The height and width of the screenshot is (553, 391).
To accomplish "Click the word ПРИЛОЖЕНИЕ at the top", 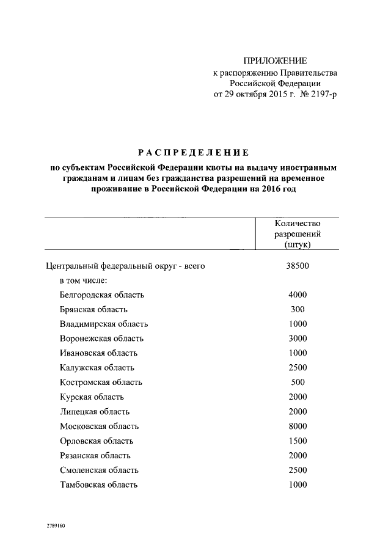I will tap(275, 60).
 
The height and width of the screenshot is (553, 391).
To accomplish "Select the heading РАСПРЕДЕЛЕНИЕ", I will tap(192, 152).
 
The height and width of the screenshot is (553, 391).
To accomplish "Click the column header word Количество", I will tap(298, 223).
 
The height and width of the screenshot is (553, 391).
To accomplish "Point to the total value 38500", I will tap(298, 266).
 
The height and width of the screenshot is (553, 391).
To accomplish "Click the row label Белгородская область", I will tap(102, 295).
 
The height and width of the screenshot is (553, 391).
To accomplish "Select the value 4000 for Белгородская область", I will tap(298, 295).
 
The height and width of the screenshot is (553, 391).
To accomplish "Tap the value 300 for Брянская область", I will tap(298, 309).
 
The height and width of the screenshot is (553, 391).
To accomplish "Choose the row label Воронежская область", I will tap(102, 339).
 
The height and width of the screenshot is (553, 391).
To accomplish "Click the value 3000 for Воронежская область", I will tap(298, 339).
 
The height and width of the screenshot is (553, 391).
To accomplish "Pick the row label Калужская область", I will tap(97, 368).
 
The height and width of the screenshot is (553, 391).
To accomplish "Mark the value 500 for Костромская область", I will tap(298, 383).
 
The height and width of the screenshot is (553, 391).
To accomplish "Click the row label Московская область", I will tap(100, 427).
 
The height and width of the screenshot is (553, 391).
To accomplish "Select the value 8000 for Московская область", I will tap(298, 427).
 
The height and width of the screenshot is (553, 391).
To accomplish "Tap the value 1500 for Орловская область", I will tap(298, 441).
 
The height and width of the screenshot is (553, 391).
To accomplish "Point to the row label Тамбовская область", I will tap(99, 485).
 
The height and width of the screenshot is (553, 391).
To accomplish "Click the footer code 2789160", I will tap(56, 525).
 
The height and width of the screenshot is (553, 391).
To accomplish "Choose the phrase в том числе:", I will tap(84, 280).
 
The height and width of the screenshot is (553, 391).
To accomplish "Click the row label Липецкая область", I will tap(95, 412).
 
